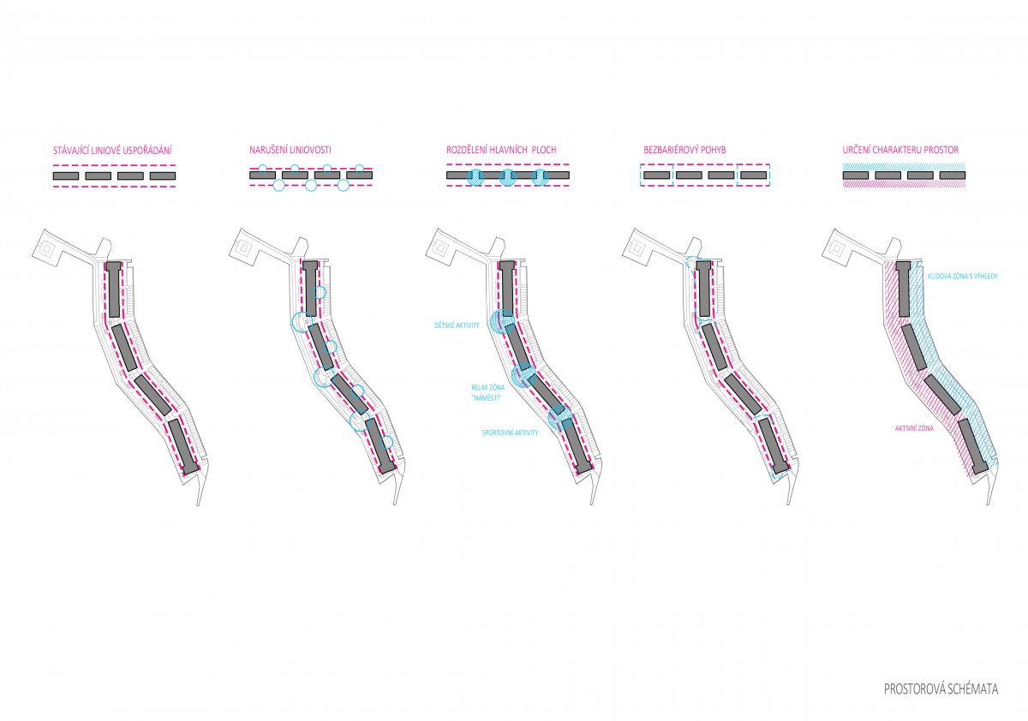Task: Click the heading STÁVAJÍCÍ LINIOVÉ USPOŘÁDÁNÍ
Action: coord(112,151)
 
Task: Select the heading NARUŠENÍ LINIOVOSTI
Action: coord(290,150)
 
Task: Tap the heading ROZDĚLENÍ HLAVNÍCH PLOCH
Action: coord(501,150)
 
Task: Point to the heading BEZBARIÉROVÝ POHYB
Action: coord(684,150)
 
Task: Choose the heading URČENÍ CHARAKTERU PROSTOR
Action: coord(900,150)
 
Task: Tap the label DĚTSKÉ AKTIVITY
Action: coord(457,325)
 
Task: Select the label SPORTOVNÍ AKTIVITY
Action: coord(510,432)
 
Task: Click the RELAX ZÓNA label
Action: coord(487,388)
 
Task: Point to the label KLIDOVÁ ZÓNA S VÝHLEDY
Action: coord(963,276)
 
